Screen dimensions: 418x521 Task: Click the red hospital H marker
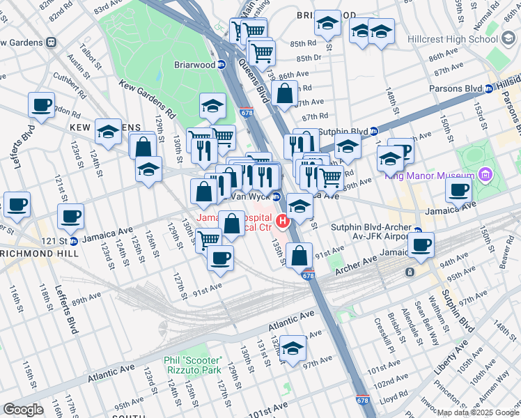coord(283,222)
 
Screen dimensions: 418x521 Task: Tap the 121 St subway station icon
coord(73,241)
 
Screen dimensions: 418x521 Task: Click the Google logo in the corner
coord(23,410)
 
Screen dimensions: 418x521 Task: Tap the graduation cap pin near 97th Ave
coord(293,348)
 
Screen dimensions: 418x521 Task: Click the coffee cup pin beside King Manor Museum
coord(458,189)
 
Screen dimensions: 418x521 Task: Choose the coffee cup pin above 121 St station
coord(70,217)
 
